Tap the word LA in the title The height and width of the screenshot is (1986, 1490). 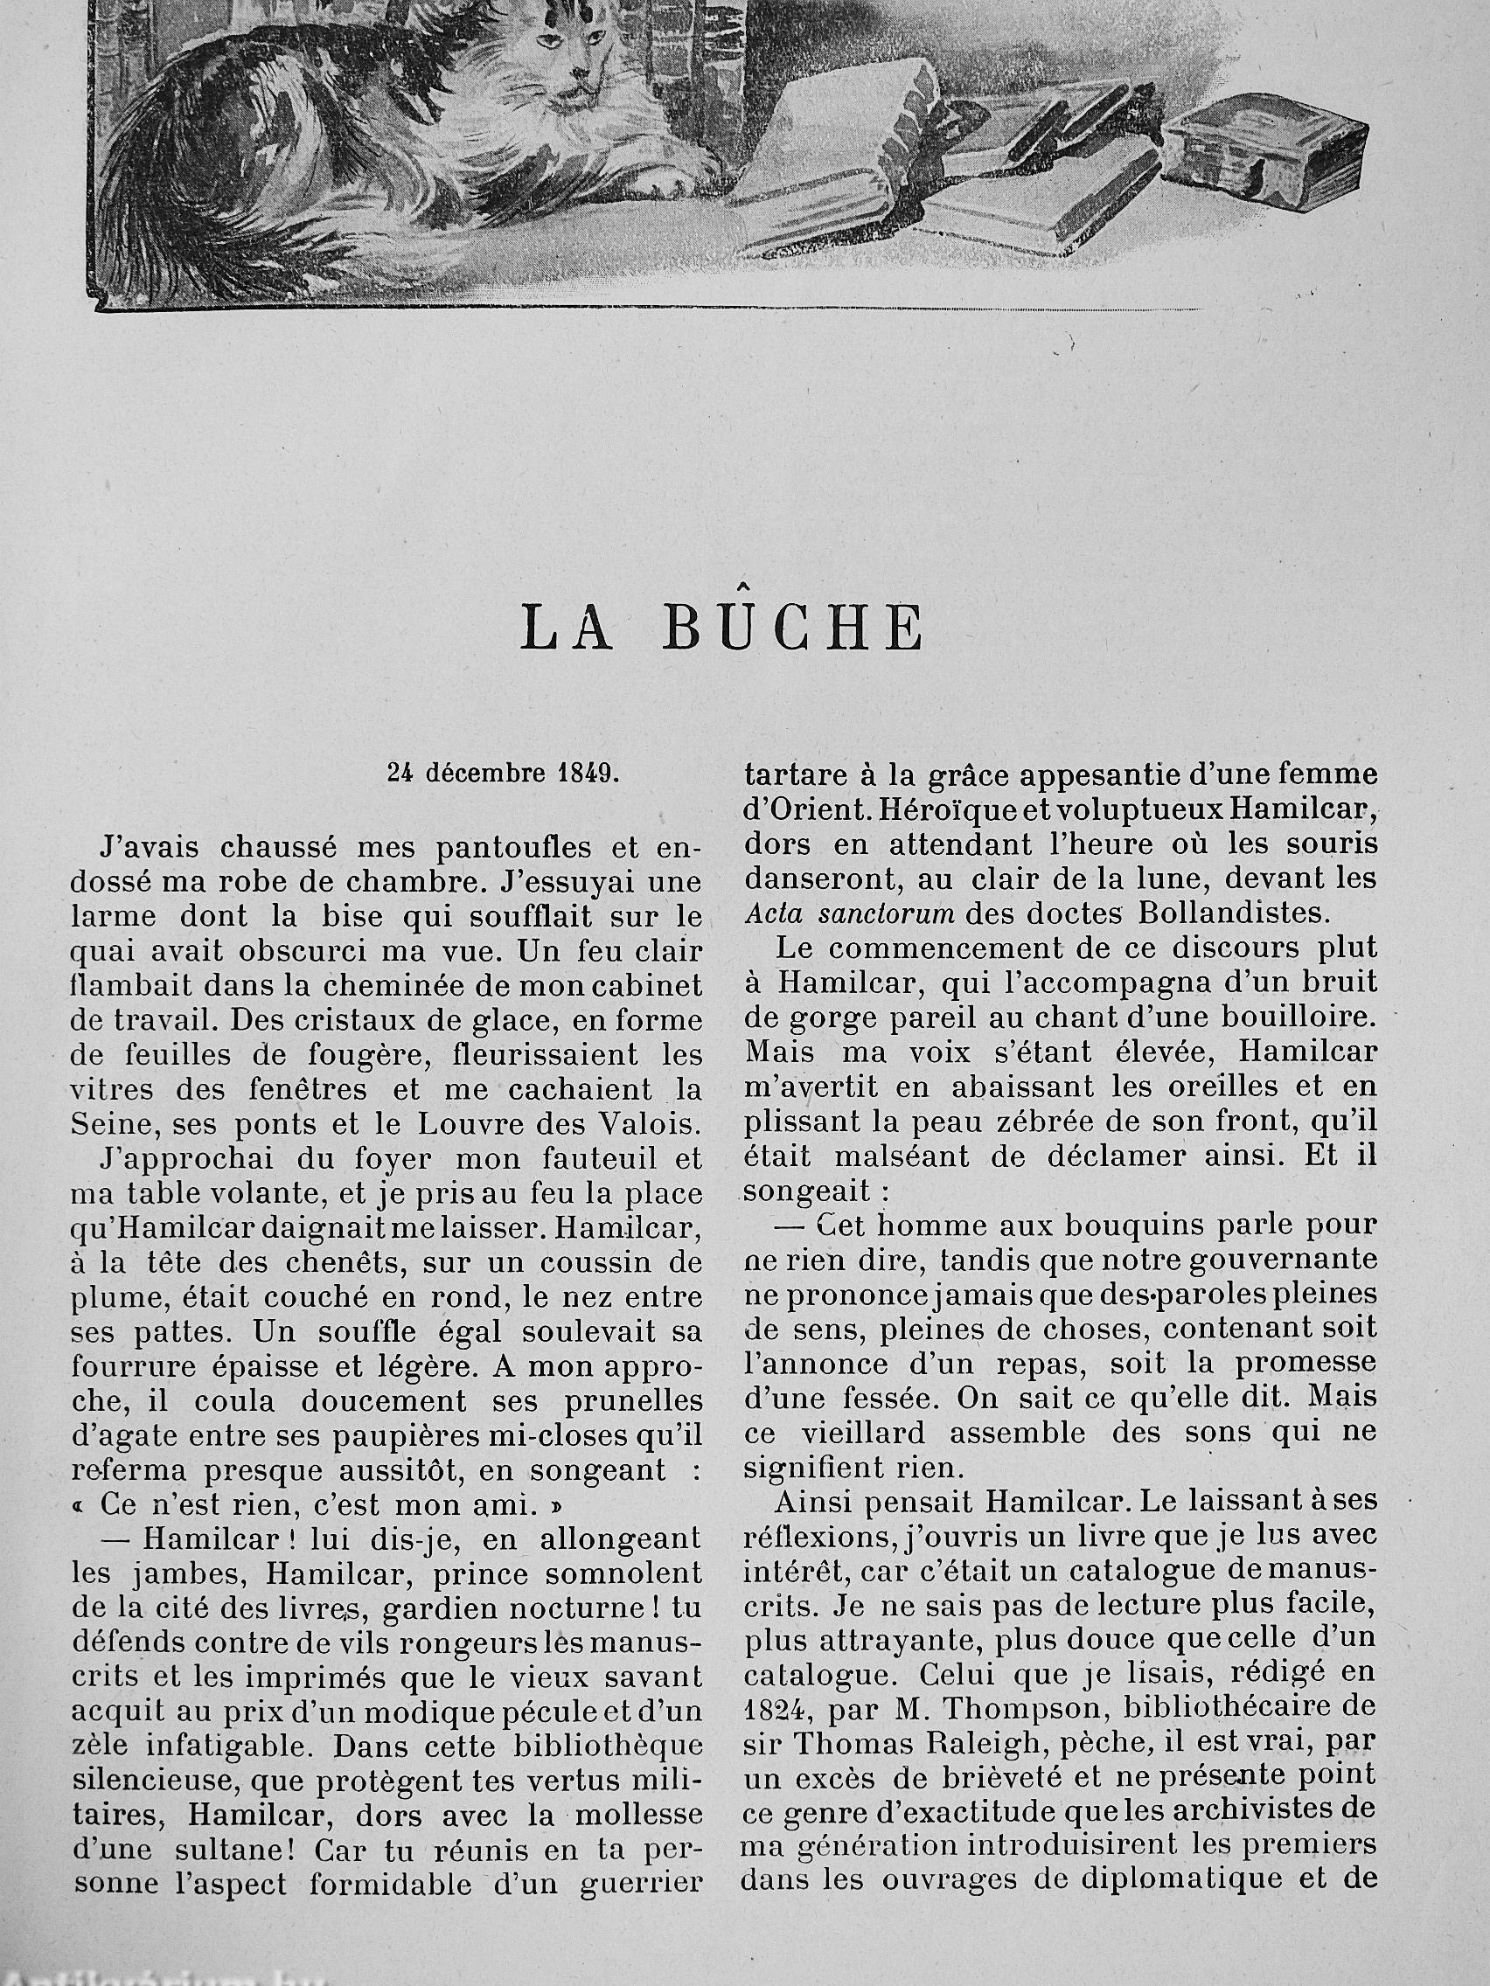point(567,628)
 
